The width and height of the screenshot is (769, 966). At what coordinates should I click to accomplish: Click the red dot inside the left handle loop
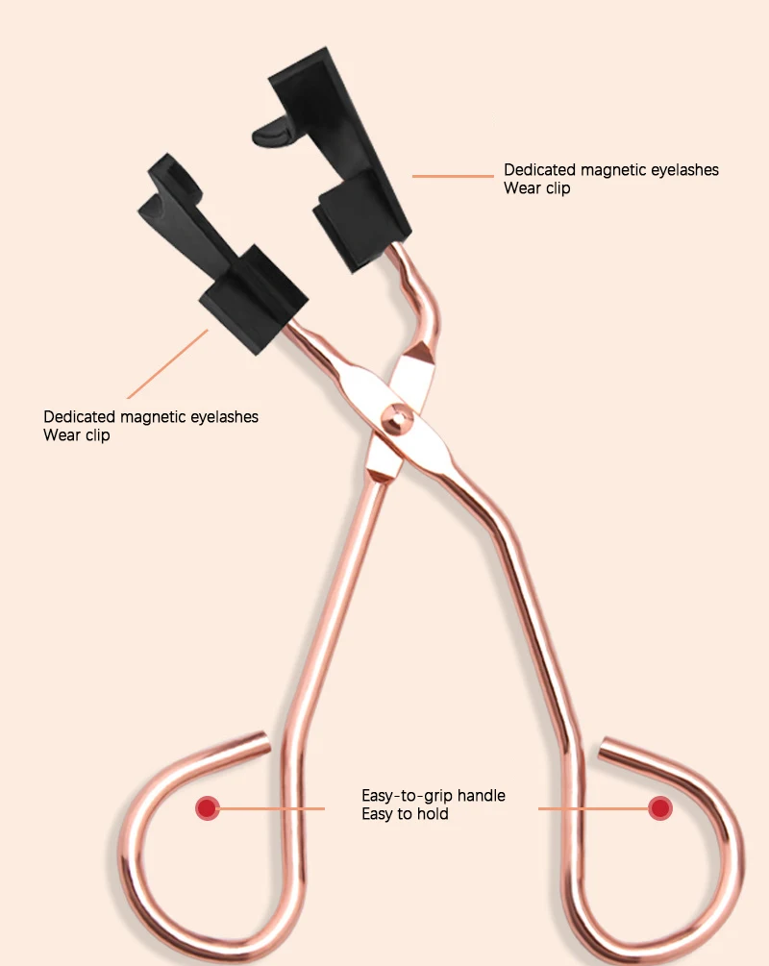(x=206, y=808)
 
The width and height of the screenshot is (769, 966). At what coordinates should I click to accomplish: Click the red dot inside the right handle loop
(x=659, y=808)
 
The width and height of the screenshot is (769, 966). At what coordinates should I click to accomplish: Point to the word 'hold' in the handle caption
(x=433, y=814)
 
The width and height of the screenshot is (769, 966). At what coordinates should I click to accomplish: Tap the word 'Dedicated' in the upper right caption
(x=539, y=170)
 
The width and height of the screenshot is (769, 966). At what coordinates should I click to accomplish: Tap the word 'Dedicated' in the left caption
(x=79, y=417)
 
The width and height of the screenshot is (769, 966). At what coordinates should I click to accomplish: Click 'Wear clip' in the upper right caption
(x=536, y=188)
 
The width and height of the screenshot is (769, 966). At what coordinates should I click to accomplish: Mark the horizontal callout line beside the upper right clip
(x=453, y=176)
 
